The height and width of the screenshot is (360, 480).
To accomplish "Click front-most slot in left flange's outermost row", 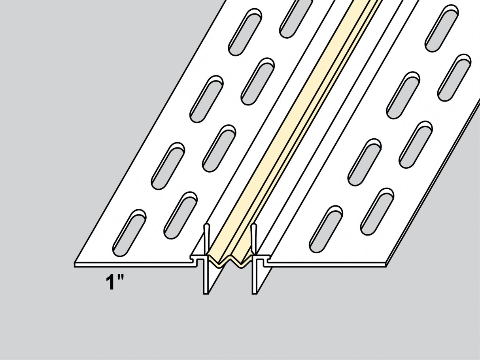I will coord(129,232).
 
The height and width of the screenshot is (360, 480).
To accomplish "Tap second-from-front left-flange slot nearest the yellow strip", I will coord(219,148).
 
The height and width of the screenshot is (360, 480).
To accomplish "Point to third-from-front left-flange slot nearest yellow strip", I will coord(257,81).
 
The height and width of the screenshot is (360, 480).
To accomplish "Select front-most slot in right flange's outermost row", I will coord(377,211).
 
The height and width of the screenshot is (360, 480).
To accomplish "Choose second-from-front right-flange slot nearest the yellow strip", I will coord(364,162).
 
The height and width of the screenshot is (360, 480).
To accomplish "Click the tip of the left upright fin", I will coord(206,226).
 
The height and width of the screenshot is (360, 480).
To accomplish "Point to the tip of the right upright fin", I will coord(254,226).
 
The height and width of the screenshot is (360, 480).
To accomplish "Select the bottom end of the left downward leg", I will coord(206,293).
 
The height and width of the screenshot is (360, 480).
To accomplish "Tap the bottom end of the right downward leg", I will coord(255,293).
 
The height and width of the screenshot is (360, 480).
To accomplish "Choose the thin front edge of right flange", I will coord(328,264).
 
